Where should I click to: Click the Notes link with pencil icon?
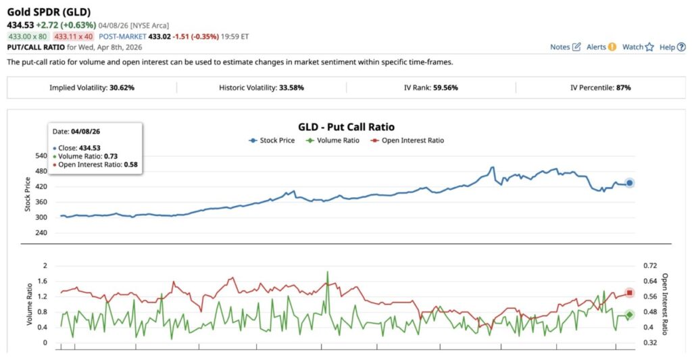(565, 47)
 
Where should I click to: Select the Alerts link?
(601, 47)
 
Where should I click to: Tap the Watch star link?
(638, 47)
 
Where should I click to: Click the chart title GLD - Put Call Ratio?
(346, 127)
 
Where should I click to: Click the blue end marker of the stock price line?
(629, 183)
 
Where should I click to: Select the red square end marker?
(629, 292)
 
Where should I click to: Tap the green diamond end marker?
(629, 315)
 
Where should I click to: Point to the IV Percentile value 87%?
(623, 88)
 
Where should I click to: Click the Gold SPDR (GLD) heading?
(49, 12)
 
